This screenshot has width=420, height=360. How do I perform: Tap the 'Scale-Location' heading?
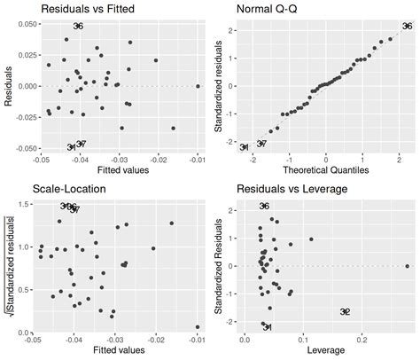pos(68,189)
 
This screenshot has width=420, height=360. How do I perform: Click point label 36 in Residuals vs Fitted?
pos(78,27)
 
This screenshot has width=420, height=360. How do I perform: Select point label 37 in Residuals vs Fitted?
pos(81,144)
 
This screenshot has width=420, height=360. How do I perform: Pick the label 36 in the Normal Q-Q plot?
pos(407,27)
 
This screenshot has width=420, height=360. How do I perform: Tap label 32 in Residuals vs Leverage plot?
pos(345,311)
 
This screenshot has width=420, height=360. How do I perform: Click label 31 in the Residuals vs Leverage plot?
pos(267,327)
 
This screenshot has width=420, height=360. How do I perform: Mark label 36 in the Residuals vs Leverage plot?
pos(264,207)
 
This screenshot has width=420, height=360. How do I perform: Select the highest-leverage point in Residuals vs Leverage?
pos(407,266)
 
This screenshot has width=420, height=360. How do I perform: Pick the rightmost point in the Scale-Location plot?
pos(197,327)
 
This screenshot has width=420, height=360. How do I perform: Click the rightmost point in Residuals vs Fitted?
pos(198,86)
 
